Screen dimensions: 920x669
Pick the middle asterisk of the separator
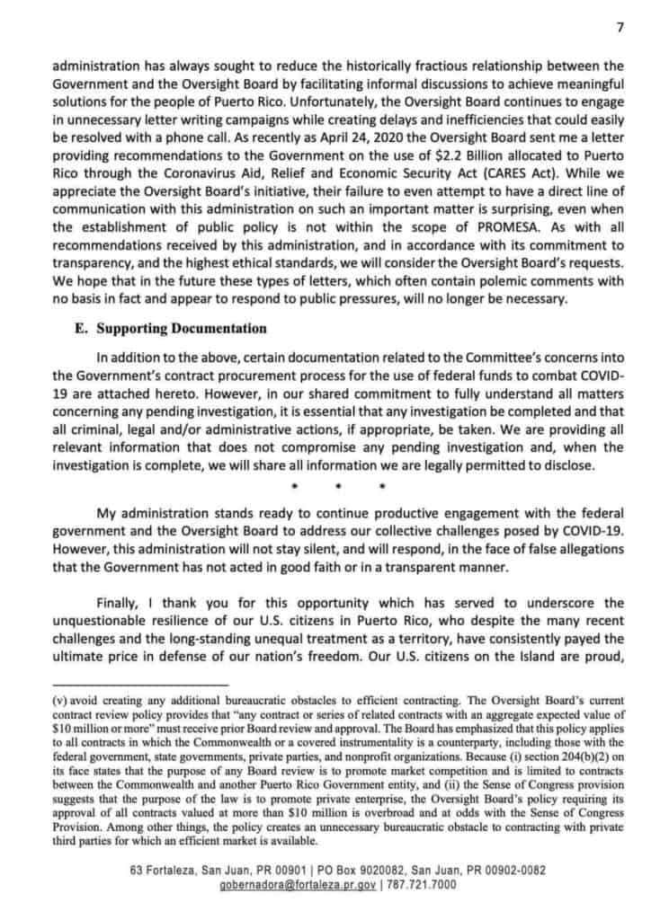coord(335,488)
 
